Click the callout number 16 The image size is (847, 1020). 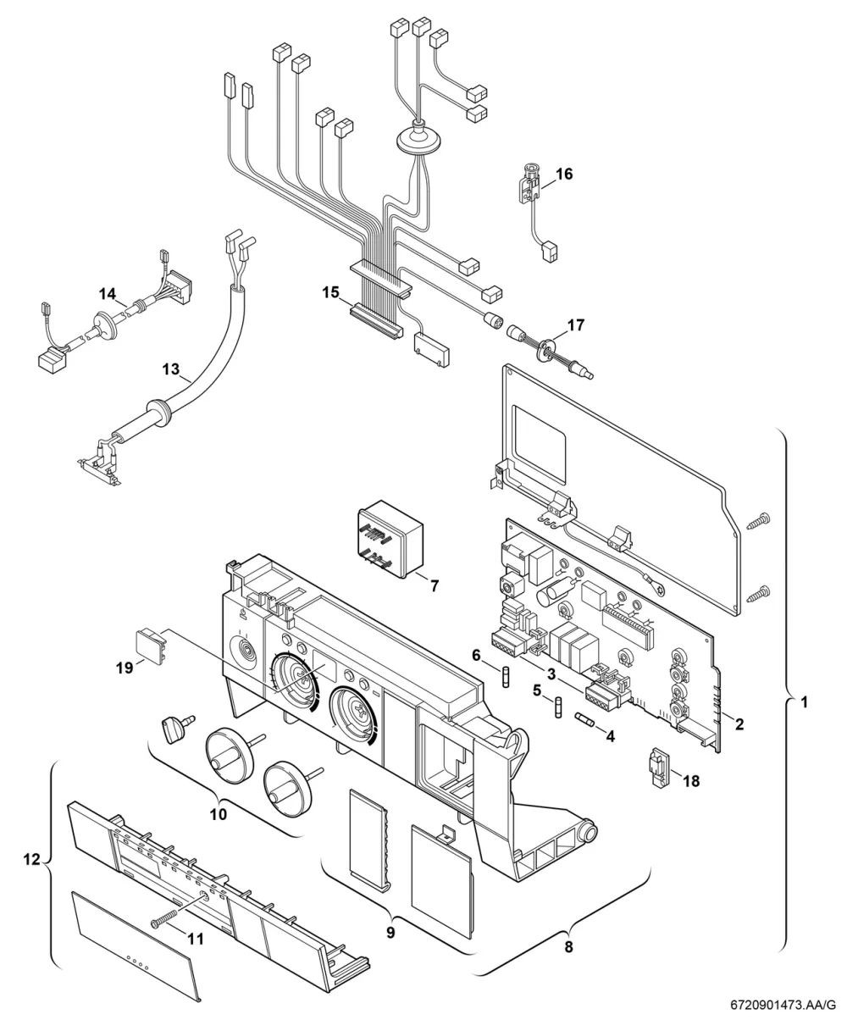click(x=564, y=174)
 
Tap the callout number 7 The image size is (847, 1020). click(x=435, y=585)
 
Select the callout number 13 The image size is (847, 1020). click(x=171, y=369)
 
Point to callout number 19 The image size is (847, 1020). click(x=125, y=668)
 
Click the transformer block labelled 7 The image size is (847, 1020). click(x=390, y=539)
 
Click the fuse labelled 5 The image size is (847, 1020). click(x=558, y=708)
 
